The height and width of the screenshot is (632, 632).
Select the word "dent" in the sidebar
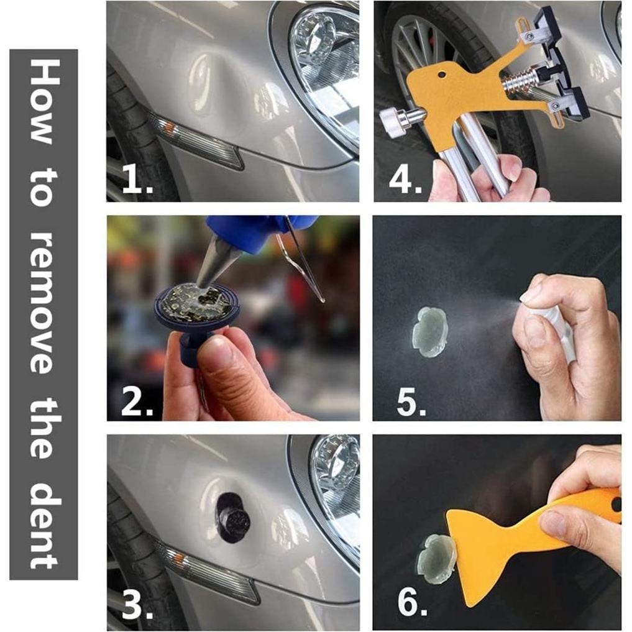pos(44,524)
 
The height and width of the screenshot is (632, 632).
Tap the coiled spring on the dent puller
pos(520,80)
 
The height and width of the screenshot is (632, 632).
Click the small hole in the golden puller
pos(442,75)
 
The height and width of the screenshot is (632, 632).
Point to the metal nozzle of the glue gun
pos(217,260)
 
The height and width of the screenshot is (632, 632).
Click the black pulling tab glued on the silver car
pos(234,518)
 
